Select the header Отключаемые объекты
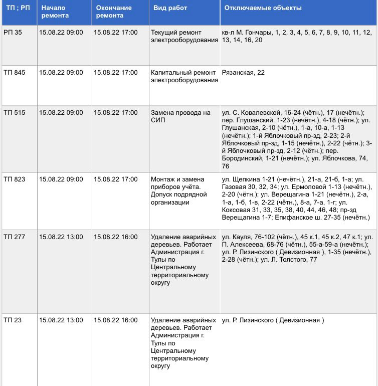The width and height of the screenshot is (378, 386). click(x=263, y=9)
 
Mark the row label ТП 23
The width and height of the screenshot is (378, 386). click(x=13, y=320)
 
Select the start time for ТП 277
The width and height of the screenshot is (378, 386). click(x=61, y=237)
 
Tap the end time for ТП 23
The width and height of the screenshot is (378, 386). click(x=115, y=320)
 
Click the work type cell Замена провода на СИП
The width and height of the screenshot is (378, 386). click(x=180, y=116)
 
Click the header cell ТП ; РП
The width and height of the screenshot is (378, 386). click(x=17, y=9)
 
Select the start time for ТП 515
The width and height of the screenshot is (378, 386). click(x=61, y=113)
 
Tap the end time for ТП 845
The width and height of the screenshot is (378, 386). click(x=115, y=73)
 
